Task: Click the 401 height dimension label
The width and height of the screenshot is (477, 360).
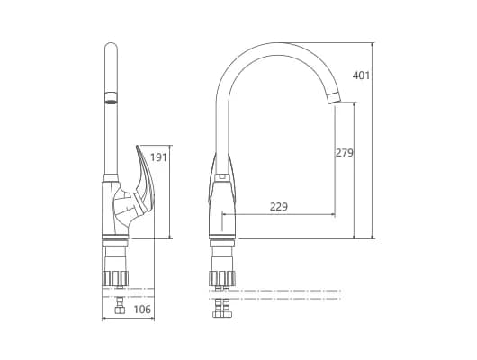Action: coord(361,76)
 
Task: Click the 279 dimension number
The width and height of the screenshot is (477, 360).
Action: coord(345,153)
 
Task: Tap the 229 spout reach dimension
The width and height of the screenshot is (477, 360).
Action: coord(279,207)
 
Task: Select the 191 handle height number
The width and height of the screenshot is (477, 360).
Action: coord(158,157)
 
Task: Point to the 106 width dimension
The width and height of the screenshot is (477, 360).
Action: coord(142,310)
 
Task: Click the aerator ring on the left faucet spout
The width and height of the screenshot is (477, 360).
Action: coord(111,98)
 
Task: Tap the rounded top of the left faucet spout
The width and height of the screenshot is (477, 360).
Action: coord(111,46)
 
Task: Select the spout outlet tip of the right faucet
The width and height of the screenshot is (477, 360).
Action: coord(333,98)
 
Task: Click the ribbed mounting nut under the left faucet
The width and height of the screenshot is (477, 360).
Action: coord(115,278)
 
